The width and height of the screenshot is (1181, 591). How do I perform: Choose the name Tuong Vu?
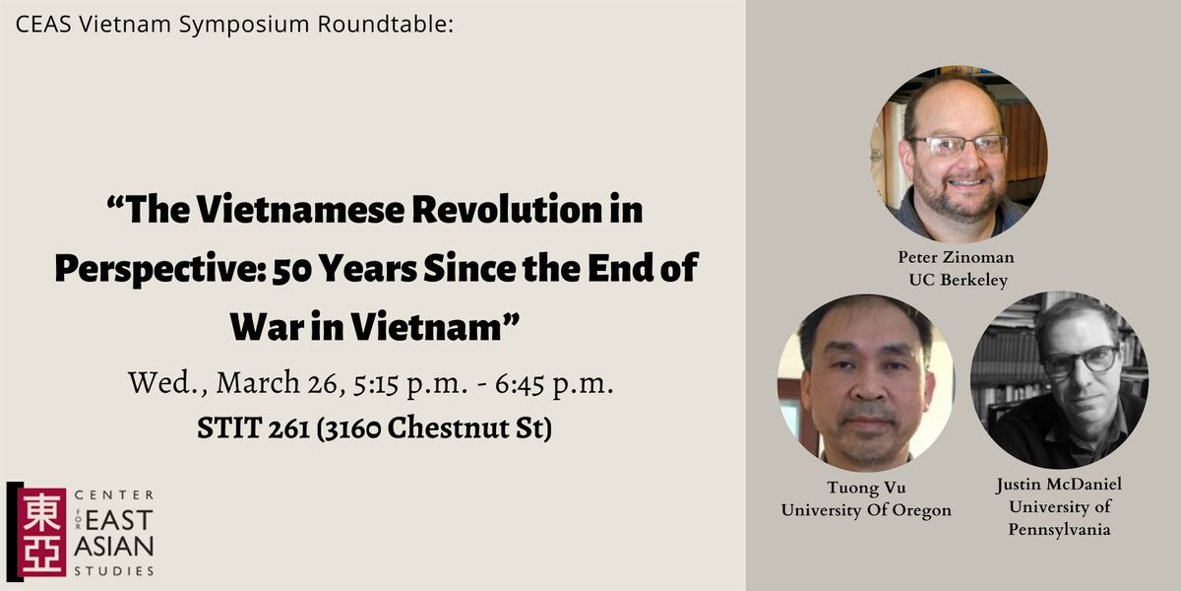coord(865,490)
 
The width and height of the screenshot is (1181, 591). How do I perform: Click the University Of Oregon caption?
coord(865,509)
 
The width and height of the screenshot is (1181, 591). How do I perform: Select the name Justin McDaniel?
coord(1059,485)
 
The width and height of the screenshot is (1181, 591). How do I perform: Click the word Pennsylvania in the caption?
coord(1059,529)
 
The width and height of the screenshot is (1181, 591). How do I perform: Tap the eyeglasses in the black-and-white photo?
coord(1081,361)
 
